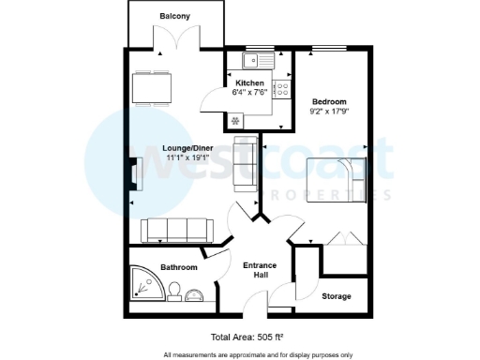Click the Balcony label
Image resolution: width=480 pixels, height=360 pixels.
(175, 17)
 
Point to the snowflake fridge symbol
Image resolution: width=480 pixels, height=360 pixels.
(235, 120)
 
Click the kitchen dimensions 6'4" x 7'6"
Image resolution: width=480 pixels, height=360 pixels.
(250, 93)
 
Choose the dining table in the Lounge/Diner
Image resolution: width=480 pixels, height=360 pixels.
(153, 88)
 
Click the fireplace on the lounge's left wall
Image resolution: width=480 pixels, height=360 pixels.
(133, 174)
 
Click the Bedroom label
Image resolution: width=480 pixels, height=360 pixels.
(329, 101)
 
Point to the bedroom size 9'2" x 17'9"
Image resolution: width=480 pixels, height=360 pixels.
(329, 112)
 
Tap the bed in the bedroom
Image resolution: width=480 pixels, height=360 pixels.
(334, 178)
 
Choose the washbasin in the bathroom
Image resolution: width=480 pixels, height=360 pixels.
(194, 296)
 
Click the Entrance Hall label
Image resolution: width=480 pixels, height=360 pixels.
(259, 271)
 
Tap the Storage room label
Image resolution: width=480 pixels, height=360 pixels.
(337, 296)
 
